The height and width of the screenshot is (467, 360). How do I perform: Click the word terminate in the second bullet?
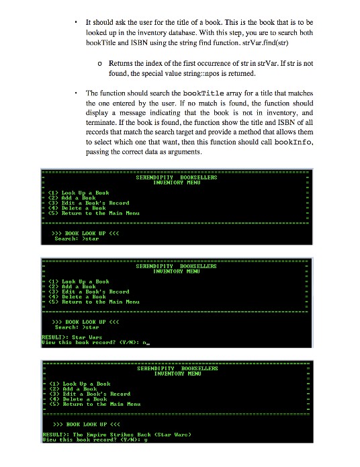coord(101,124)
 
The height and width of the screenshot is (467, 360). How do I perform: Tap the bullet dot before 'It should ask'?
coord(78,22)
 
